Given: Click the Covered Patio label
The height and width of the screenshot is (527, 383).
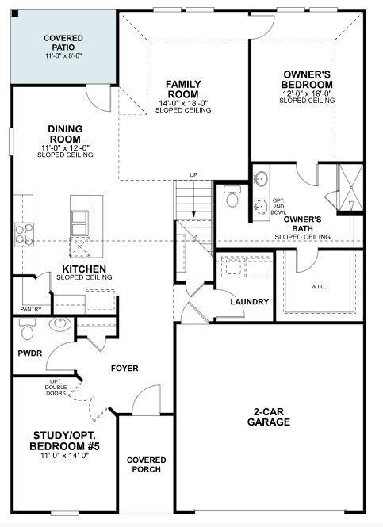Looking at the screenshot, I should coord(63,42).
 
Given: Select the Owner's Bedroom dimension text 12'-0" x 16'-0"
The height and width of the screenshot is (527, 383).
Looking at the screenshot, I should coord(308,93).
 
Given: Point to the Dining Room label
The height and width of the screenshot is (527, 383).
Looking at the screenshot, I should coord(65,134).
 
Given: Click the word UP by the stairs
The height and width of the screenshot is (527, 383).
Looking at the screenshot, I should coord(193,175).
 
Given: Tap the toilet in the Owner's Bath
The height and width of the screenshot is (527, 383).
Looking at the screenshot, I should coord(232,196).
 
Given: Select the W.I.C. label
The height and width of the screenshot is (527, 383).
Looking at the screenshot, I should coord(320,286).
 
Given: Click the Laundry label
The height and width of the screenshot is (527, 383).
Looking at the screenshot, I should coord(249,302).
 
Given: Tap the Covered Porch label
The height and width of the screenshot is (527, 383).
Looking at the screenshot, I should coord(147,464).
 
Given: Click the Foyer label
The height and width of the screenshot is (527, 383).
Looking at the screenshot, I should coord(124,368).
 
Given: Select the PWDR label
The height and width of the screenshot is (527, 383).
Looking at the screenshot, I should coord(30,353).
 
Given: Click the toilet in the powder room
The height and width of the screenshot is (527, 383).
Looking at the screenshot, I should coord(28,327).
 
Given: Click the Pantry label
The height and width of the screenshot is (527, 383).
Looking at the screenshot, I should coord(31,309).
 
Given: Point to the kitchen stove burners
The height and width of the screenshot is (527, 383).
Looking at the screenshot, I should coord(23,234).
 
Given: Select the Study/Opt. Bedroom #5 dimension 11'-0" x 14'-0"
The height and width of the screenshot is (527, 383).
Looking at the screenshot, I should coord(65,455).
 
